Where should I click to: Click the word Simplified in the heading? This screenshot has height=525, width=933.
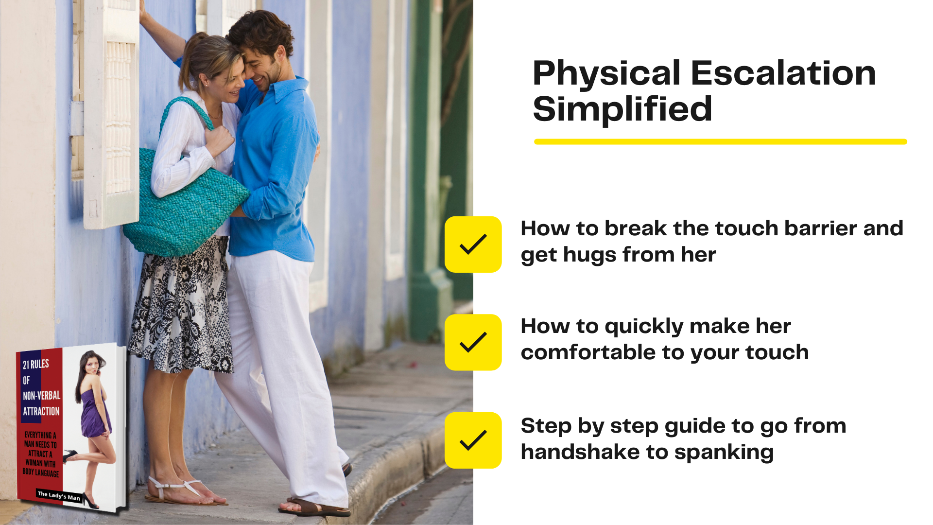(x=622, y=108)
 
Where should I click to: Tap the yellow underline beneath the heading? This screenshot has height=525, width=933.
(x=721, y=141)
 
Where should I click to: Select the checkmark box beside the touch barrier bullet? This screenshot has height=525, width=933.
(x=473, y=245)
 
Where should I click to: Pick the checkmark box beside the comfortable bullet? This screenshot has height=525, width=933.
(x=473, y=342)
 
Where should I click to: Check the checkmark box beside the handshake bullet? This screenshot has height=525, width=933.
(x=473, y=440)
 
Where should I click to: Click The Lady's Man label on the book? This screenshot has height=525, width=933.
(x=59, y=496)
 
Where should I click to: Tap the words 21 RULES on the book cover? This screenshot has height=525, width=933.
(x=36, y=364)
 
